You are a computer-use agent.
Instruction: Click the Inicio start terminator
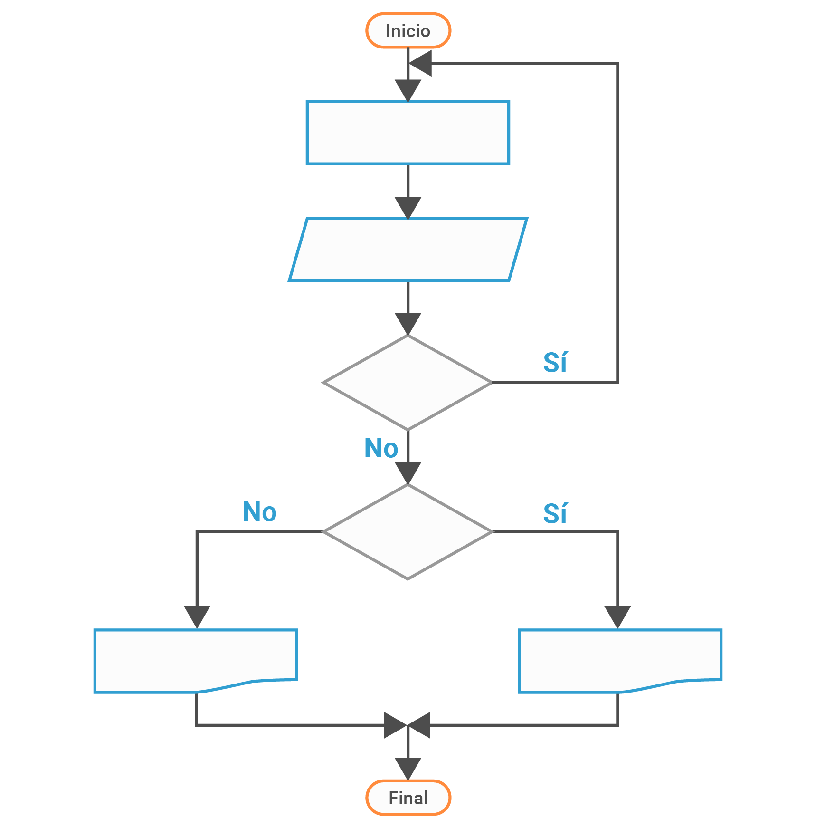coord(408,31)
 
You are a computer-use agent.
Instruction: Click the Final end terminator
coord(408,798)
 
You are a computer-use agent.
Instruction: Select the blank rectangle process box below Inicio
coord(408,133)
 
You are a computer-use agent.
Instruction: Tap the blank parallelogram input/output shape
coord(408,250)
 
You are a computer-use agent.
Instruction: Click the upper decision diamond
coord(408,382)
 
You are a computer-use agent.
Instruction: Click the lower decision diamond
coord(408,531)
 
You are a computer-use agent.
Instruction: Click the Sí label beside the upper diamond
coord(555,363)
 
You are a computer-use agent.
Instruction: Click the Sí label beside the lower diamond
coord(555,514)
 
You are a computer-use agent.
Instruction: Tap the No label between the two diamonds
coord(381,448)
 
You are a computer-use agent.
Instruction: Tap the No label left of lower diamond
coord(259,512)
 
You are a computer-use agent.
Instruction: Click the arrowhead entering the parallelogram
coord(408,207)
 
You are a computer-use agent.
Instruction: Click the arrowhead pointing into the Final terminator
coord(408,768)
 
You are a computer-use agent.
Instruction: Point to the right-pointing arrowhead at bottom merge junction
coord(394,725)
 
